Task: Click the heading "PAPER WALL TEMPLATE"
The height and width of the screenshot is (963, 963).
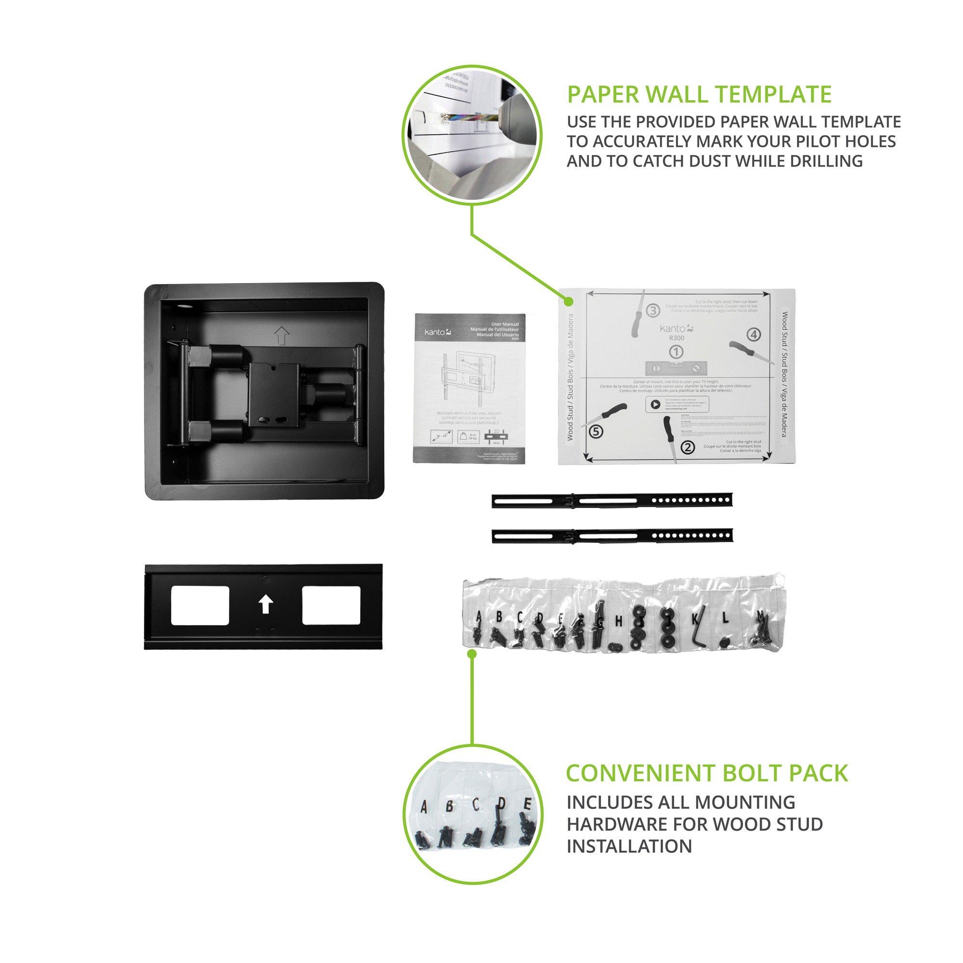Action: (699, 95)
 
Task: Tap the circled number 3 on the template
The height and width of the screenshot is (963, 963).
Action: (653, 310)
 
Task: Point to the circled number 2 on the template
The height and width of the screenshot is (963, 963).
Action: (688, 447)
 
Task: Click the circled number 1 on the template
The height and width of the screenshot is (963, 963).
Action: (677, 352)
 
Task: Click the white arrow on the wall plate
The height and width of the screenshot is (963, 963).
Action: (265, 606)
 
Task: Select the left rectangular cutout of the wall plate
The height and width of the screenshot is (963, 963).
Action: (200, 606)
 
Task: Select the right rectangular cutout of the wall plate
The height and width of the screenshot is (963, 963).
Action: (331, 606)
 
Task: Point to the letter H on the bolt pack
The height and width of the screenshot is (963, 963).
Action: (619, 621)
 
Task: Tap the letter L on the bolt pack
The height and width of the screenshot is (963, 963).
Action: (725, 618)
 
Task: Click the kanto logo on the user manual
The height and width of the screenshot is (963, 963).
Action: (431, 330)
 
